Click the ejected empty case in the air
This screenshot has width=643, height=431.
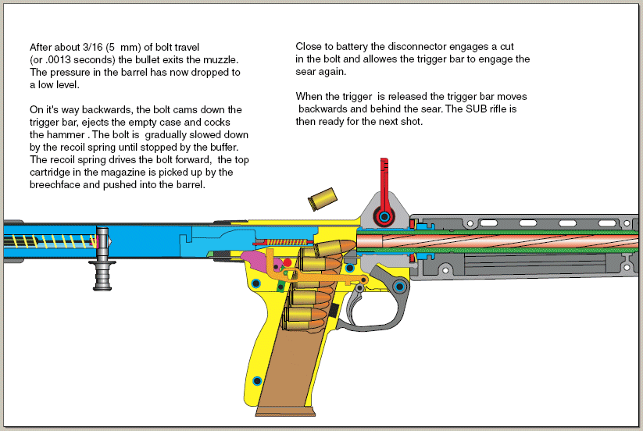[x=321, y=200]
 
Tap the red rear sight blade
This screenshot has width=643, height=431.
[x=383, y=180]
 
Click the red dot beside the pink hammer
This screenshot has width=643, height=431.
[x=287, y=263]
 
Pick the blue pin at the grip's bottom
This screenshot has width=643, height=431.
[x=257, y=380]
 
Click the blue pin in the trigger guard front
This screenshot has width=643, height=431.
[x=400, y=287]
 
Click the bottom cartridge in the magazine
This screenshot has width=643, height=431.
[x=304, y=316]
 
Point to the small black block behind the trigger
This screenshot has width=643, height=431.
[x=334, y=309]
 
